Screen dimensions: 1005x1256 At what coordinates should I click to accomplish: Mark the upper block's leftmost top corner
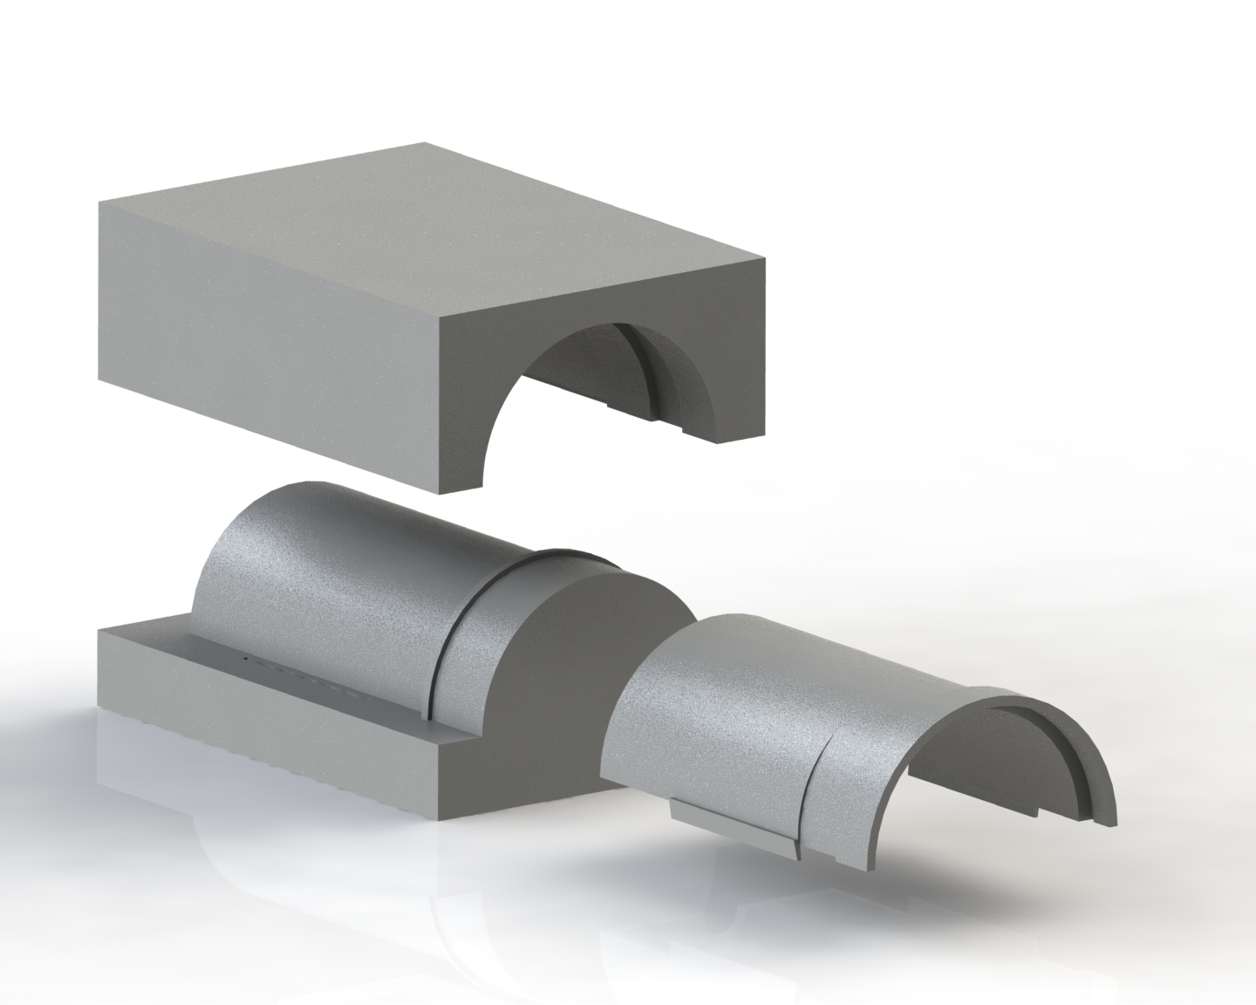point(99,202)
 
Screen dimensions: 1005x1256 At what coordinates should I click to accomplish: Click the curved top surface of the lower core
point(331,558)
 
